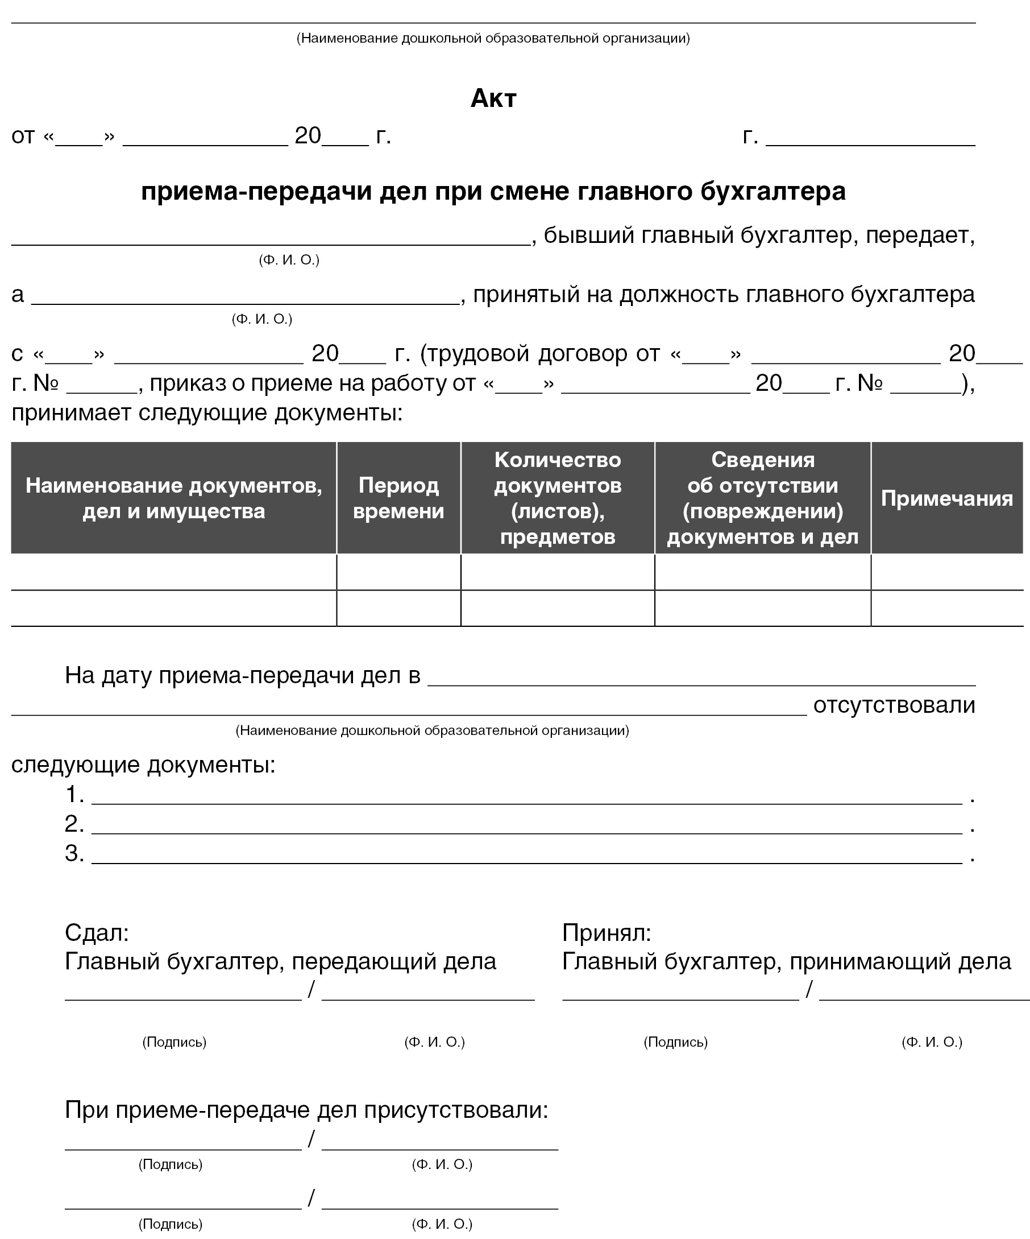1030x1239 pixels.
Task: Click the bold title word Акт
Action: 493,98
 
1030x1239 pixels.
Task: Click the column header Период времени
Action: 398,498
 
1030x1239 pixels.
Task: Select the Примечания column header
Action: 946,498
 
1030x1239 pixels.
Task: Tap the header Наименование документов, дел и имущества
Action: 173,498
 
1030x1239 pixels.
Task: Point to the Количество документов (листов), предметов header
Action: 557,498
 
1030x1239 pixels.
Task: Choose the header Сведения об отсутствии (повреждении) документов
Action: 762,498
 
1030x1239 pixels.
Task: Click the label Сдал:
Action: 97,932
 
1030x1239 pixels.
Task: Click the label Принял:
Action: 606,932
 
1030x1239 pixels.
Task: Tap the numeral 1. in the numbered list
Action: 74,795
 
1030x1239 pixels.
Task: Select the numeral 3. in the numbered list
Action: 74,853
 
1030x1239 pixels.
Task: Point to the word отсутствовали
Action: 894,705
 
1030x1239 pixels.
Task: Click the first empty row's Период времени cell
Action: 398,572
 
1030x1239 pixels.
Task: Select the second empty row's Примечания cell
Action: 946,608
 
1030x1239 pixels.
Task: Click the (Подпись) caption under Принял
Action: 675,1042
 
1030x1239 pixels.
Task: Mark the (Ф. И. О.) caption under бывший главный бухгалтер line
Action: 289,260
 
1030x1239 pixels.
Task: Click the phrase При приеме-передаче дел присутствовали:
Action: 306,1110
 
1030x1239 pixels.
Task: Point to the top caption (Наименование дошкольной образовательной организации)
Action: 493,38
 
